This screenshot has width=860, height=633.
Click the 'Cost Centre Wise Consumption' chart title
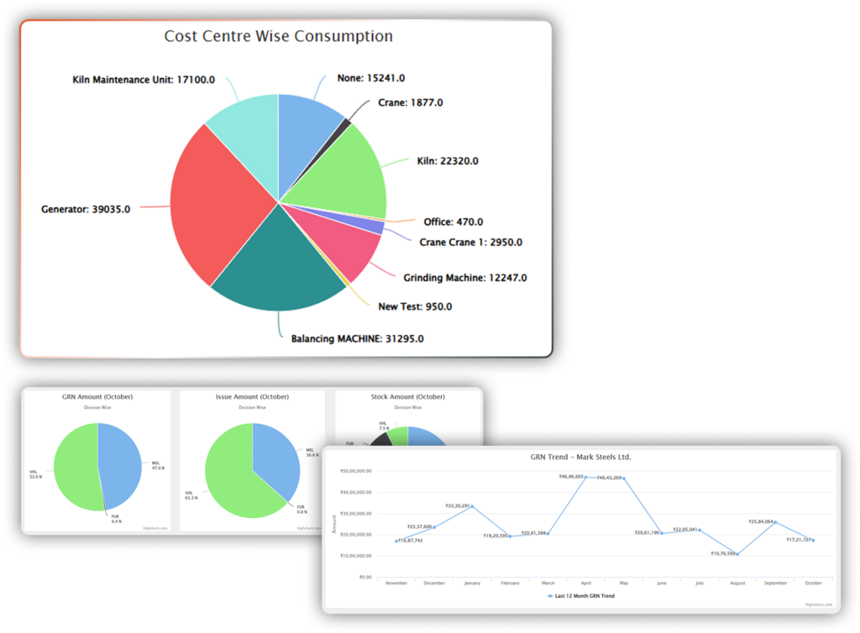278,36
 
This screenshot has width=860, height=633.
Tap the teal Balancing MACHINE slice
277,260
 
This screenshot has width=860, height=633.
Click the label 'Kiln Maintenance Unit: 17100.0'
144,80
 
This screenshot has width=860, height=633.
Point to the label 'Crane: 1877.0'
410,102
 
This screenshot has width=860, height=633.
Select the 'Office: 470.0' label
453,222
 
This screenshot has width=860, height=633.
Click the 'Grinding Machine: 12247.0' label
465,277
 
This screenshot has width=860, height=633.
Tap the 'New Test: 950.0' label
415,306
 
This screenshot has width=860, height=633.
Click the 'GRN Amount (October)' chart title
97,396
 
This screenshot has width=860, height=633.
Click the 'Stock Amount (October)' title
408,396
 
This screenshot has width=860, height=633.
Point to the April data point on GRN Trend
585,477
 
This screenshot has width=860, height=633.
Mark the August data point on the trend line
737,553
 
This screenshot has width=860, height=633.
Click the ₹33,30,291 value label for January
459,505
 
